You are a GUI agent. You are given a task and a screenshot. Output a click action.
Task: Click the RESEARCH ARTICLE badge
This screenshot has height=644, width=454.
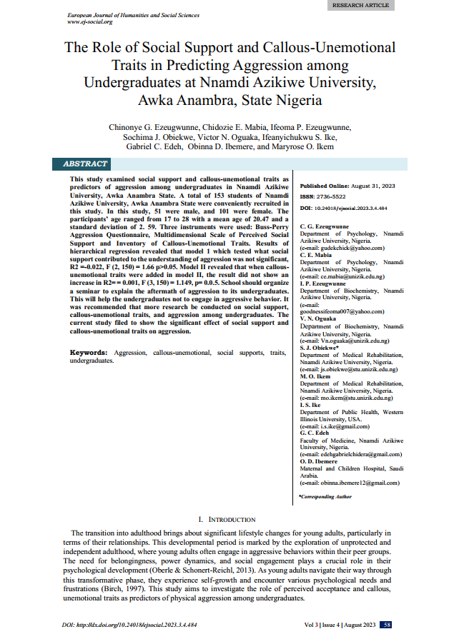[x=362, y=5]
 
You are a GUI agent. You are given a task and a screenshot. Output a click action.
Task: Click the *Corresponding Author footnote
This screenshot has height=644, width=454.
[x=325, y=495]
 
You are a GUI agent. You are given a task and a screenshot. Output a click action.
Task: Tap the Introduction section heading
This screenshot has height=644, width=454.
[x=227, y=519]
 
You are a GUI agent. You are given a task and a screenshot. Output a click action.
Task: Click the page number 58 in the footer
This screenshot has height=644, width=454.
[x=386, y=624]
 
